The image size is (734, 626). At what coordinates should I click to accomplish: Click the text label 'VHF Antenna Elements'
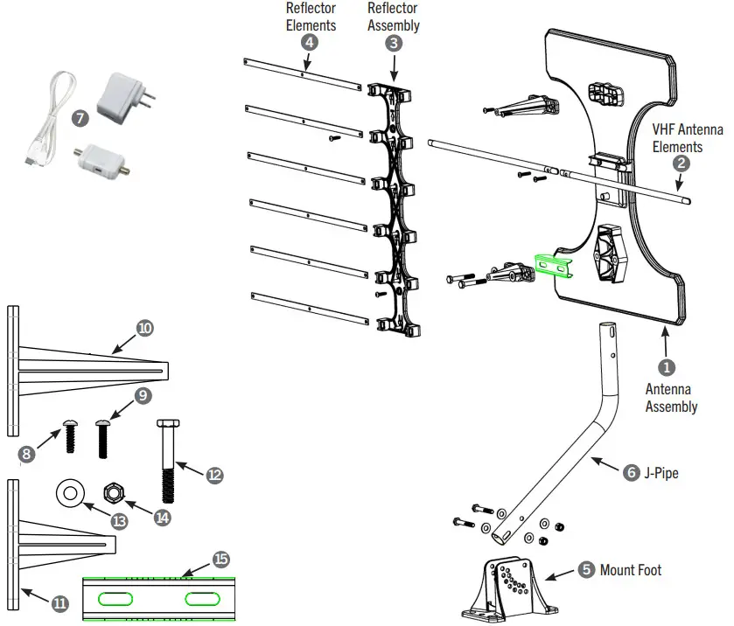[x=688, y=138]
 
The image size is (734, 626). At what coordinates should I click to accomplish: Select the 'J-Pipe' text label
[x=662, y=473]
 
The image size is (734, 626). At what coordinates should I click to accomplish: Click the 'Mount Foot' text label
[x=630, y=570]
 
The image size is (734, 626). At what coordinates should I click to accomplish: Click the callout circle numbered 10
[x=145, y=328]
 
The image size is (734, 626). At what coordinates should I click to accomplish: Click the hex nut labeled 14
[x=113, y=491]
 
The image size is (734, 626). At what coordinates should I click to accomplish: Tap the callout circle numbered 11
[x=59, y=602]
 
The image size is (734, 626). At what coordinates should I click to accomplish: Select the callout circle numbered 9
[x=143, y=395]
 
